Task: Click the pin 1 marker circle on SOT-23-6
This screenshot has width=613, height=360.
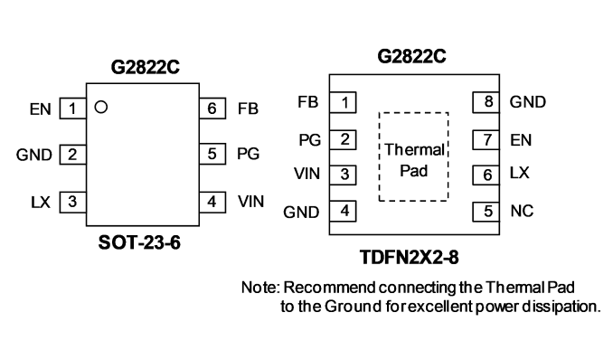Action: pos(101,107)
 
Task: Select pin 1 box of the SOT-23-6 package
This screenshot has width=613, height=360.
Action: pos(72,109)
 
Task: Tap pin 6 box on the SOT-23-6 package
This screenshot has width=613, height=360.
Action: pos(212,109)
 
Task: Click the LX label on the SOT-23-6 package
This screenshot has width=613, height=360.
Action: pos(41,203)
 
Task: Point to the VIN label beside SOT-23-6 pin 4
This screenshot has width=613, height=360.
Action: pos(251,202)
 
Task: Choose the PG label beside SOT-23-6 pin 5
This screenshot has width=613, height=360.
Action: pos(249,154)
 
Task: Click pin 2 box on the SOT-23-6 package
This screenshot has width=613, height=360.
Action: pos(72,154)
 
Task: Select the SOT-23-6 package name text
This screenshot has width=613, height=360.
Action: pos(139,242)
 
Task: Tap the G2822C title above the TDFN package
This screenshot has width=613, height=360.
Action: pos(411,56)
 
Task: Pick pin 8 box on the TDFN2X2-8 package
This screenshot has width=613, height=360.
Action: pos(486,102)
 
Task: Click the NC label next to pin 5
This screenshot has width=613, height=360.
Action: pos(522,212)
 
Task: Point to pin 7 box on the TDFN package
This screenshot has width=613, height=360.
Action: pos(486,139)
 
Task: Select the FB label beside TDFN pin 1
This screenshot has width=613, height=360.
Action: pos(308,102)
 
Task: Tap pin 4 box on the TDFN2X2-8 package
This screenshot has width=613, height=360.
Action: pos(344,212)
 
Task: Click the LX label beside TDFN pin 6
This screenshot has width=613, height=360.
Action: pos(520,173)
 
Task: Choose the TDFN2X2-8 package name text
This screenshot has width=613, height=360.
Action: pos(409,258)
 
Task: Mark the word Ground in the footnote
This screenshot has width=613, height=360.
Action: pos(353,307)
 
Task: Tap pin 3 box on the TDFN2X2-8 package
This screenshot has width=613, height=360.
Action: pos(344,175)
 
